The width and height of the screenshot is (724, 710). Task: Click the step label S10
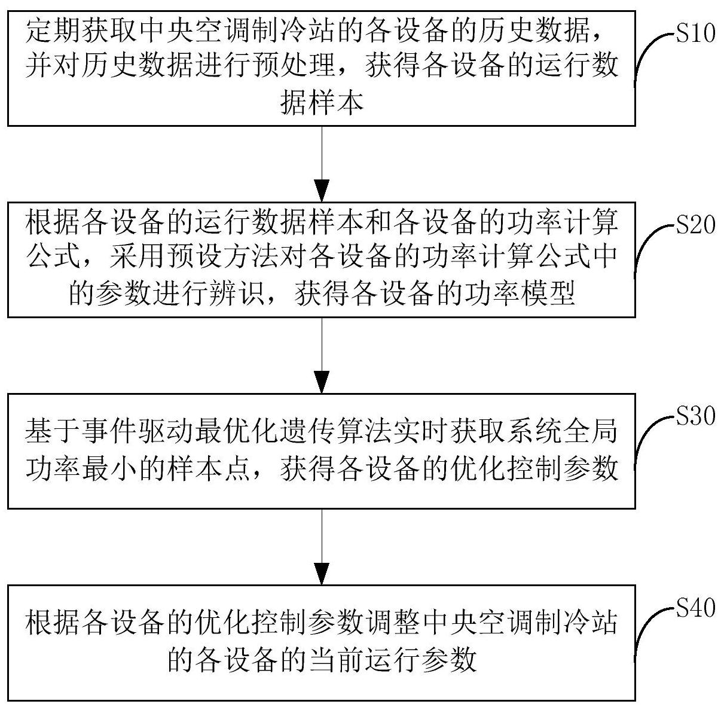coord(695,34)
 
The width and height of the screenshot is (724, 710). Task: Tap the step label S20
coord(695,226)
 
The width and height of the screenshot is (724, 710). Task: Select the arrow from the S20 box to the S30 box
coord(322,355)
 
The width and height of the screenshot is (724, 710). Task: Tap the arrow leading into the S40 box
coord(322,547)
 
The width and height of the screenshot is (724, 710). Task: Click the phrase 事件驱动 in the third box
coord(123,432)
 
